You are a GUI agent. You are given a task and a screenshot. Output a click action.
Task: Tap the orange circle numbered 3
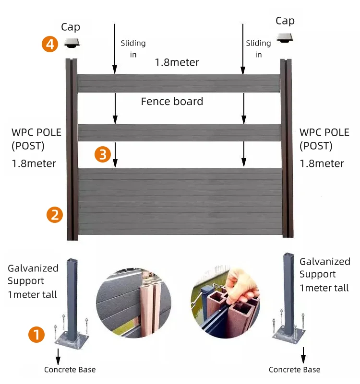click(103, 154)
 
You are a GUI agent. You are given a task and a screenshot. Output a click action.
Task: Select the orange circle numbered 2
click(54, 214)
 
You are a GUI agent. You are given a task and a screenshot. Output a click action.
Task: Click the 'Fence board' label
click(172, 102)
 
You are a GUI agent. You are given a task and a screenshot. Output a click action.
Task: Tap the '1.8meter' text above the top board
click(177, 62)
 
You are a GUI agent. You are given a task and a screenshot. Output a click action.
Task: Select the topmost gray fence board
click(179, 83)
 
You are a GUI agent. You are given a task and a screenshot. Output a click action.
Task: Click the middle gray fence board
click(179, 132)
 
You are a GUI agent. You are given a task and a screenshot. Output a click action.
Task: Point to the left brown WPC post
click(72, 149)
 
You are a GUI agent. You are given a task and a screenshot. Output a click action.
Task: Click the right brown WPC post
click(287, 149)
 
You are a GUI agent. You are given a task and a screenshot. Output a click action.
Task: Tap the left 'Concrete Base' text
click(70, 370)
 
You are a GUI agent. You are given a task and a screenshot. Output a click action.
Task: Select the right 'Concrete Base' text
click(294, 370)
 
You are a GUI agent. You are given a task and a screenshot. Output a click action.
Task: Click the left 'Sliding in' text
click(133, 49)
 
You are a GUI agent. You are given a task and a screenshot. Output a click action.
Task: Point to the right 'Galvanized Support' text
click(324, 268)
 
